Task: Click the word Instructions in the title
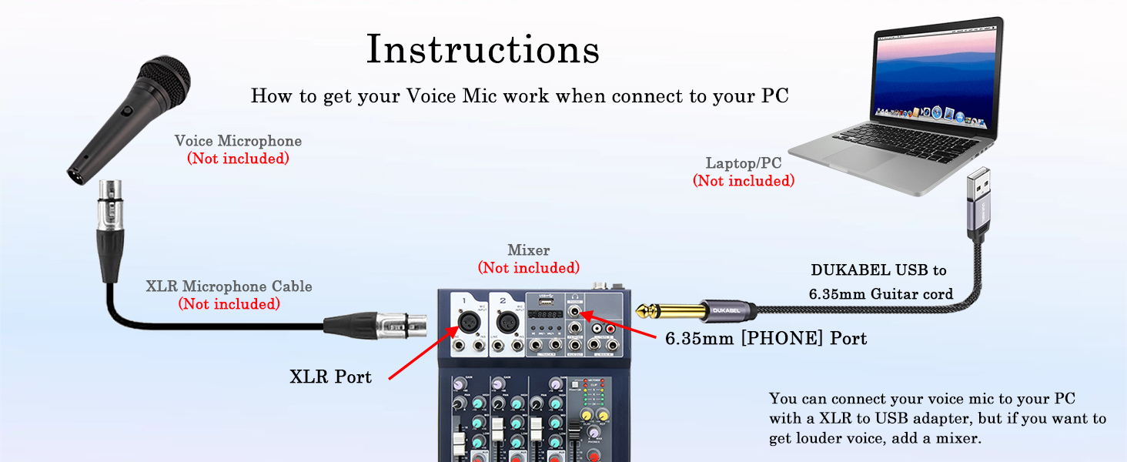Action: [x=483, y=50]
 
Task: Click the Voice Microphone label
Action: [x=238, y=141]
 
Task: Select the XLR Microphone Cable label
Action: [x=229, y=286]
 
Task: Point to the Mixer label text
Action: [x=529, y=250]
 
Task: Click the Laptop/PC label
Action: [x=744, y=163]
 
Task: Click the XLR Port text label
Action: [x=330, y=377]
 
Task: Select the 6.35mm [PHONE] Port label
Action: [x=766, y=338]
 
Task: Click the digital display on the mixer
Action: [x=547, y=316]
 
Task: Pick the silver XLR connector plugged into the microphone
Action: [x=108, y=202]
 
